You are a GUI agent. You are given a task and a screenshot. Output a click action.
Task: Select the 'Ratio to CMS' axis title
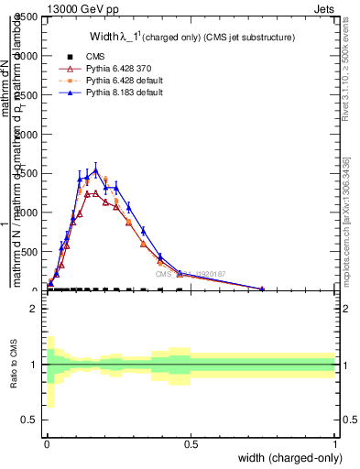coord(14,365)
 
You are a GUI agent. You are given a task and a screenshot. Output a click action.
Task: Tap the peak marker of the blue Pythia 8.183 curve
coord(95,169)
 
